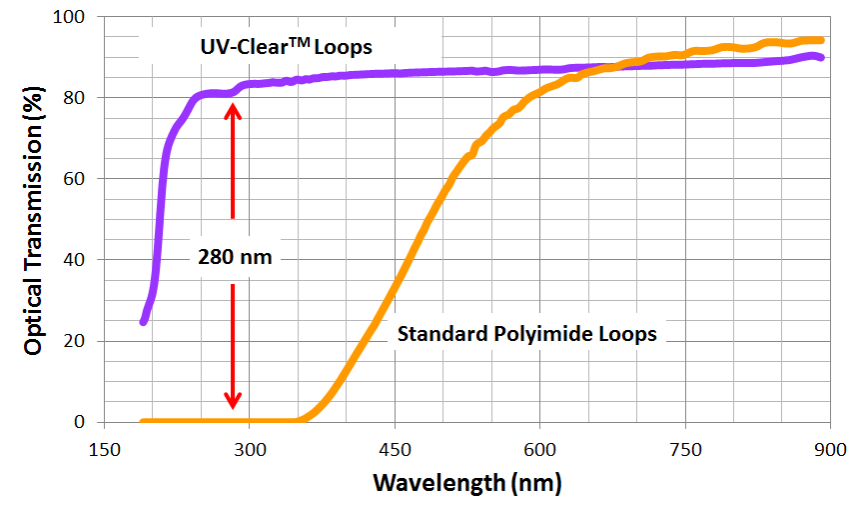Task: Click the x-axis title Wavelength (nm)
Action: [467, 483]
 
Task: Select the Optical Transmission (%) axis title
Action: [33, 219]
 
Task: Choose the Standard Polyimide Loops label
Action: [527, 334]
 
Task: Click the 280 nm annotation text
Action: [234, 257]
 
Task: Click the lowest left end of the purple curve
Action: [144, 321]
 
